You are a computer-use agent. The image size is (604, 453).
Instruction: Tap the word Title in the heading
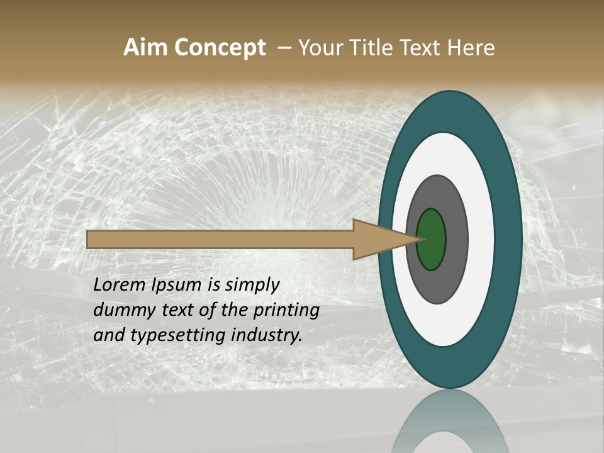point(376,48)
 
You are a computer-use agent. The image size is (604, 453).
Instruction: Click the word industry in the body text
point(267,335)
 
